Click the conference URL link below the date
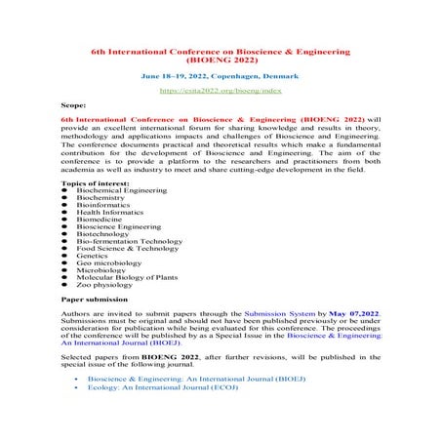pyautogui.click(x=220, y=88)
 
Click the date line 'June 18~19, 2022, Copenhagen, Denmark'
pyautogui.click(x=220, y=74)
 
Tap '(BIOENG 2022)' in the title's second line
pyautogui.click(x=221, y=59)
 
